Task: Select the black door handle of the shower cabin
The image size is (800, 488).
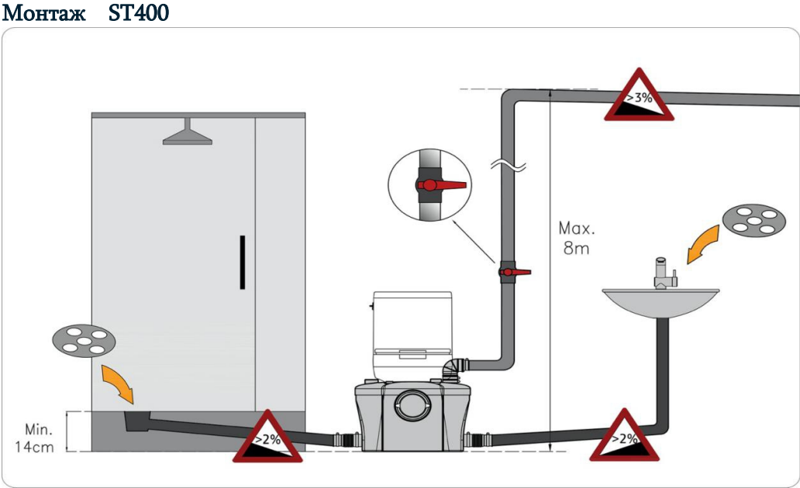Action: click(x=243, y=262)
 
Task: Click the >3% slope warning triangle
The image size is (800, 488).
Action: click(x=639, y=98)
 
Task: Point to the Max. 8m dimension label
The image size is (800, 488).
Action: click(x=577, y=239)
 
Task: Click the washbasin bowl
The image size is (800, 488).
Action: click(x=660, y=303)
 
